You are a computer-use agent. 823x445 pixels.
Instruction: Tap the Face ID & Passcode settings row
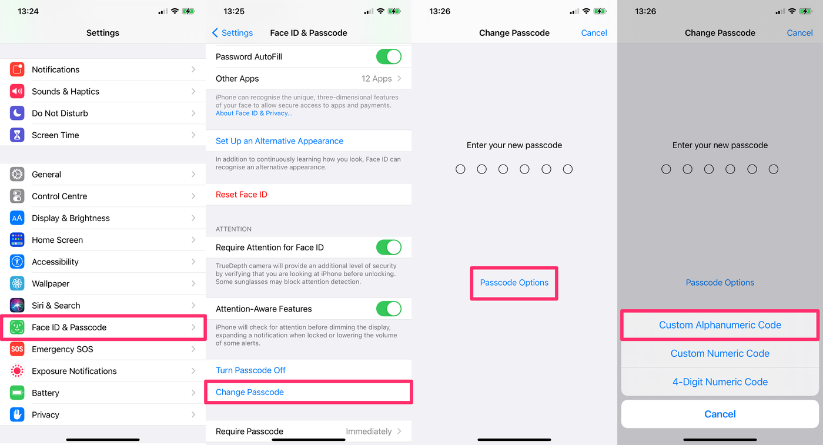coord(103,327)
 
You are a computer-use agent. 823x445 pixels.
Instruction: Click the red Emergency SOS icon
coord(17,349)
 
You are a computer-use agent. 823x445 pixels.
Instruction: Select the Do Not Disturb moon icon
coord(17,113)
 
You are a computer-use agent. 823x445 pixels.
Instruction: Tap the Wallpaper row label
coord(51,283)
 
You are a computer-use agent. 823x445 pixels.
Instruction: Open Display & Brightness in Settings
coord(71,218)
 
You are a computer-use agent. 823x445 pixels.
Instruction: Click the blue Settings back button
coord(232,33)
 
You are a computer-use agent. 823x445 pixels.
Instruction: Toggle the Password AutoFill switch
coord(389,57)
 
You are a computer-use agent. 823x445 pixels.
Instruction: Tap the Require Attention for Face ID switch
coord(389,247)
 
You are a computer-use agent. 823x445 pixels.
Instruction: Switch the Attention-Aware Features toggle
coord(389,309)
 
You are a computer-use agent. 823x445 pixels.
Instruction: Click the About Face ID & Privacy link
coord(253,113)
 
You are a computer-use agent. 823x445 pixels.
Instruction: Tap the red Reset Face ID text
coord(242,195)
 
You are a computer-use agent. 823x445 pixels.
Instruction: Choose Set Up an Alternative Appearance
coord(279,141)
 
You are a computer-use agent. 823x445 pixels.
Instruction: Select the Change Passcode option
coord(250,392)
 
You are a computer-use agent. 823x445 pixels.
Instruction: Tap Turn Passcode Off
coord(250,370)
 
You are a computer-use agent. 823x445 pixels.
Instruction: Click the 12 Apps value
coord(377,79)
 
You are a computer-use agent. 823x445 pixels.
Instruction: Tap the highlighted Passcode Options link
coord(514,283)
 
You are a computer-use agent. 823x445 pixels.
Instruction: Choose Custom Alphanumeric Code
coord(720,325)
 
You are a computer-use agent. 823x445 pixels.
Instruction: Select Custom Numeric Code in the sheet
coord(720,353)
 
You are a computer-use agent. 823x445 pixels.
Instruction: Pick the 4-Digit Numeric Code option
coord(720,382)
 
